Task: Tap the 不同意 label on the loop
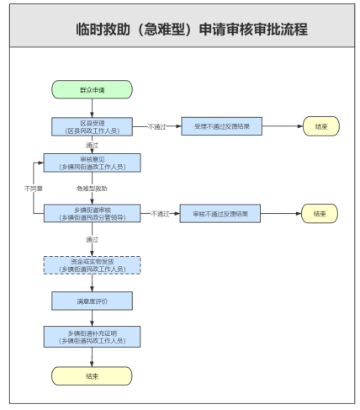point(34,189)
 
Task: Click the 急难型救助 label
point(91,189)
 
